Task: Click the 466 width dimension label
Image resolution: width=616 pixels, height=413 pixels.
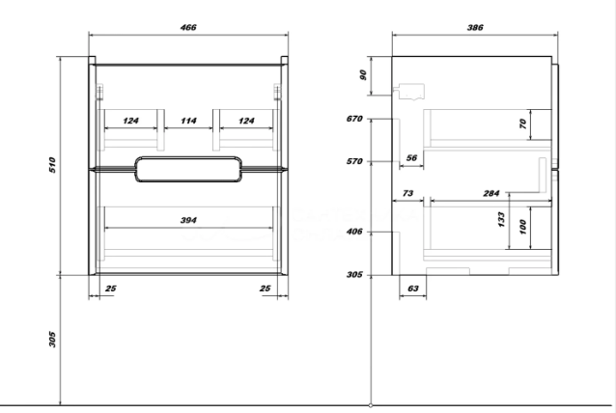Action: tap(188, 27)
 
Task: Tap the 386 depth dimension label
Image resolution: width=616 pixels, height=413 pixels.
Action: tap(475, 27)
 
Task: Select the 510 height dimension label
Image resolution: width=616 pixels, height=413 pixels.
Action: tap(52, 164)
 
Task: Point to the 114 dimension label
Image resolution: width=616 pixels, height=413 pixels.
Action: tap(188, 121)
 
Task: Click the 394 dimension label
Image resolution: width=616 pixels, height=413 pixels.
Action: tap(188, 220)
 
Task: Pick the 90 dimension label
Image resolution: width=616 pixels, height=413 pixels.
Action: tap(363, 74)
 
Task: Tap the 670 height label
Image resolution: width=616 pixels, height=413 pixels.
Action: tap(354, 119)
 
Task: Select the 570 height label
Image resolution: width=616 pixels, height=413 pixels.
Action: tap(354, 161)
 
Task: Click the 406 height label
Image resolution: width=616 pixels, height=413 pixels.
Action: tap(354, 232)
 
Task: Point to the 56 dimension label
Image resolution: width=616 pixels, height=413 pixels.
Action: tap(411, 158)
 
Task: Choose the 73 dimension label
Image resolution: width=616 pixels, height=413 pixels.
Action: tap(407, 193)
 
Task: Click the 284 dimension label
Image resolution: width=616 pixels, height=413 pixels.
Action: tap(491, 193)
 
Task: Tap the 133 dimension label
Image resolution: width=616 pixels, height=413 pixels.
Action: tap(501, 219)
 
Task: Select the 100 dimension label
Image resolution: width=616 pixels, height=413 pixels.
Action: tap(522, 227)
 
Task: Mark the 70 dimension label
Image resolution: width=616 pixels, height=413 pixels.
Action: tap(522, 124)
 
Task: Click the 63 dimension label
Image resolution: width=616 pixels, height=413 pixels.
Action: tap(413, 289)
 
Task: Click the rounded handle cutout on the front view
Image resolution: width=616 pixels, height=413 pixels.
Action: tap(188, 157)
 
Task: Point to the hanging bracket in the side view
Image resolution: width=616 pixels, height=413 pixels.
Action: tap(411, 91)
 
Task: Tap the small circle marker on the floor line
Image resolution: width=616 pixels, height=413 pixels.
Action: tap(371, 405)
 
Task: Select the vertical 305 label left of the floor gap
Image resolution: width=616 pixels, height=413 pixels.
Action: tap(52, 340)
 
